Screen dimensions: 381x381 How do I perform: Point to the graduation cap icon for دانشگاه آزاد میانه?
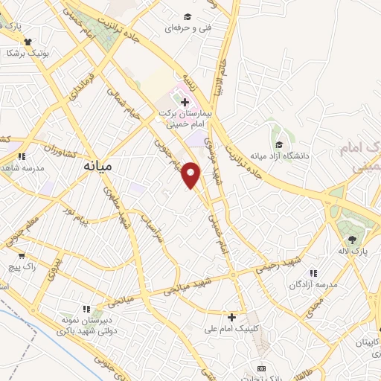coord(279,145)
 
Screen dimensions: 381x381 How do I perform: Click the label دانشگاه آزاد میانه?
coord(278,156)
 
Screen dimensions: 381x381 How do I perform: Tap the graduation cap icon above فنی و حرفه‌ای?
coord(188,16)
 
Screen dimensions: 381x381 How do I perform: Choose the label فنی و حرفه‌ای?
coord(188,28)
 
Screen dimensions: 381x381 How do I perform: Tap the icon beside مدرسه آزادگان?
coord(313,273)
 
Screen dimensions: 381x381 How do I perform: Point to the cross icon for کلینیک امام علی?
coord(231,317)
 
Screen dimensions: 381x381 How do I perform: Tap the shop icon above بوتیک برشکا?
coord(28,42)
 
